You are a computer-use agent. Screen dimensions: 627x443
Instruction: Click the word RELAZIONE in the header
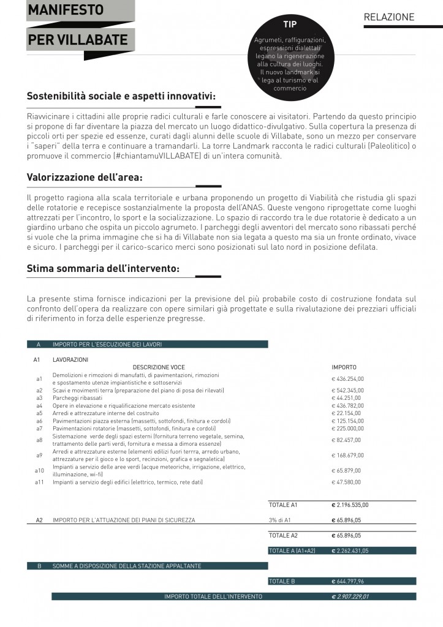click(x=389, y=17)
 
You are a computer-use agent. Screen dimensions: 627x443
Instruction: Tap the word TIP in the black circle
click(x=290, y=24)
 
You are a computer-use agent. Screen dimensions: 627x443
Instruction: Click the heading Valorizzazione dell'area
click(x=85, y=178)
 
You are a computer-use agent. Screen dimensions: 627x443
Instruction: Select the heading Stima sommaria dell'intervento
click(x=103, y=268)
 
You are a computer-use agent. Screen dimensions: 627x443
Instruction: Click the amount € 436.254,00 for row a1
click(x=347, y=378)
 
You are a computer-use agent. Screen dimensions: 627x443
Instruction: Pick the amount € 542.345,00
click(x=347, y=390)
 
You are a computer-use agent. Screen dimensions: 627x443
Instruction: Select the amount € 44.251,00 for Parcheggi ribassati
click(x=346, y=398)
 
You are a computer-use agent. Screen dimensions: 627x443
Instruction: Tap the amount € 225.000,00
click(x=347, y=429)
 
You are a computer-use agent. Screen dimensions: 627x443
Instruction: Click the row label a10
click(x=39, y=470)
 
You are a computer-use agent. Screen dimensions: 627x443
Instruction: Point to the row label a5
click(x=39, y=413)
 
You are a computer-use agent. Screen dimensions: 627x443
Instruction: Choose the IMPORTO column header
click(x=344, y=367)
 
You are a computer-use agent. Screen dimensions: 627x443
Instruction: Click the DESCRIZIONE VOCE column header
click(x=159, y=367)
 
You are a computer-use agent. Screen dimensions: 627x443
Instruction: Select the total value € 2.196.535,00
click(x=350, y=505)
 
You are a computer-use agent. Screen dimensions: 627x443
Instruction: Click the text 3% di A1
click(x=281, y=520)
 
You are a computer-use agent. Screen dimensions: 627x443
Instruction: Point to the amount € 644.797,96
click(x=349, y=581)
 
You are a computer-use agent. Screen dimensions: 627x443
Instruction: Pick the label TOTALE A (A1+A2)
click(x=292, y=550)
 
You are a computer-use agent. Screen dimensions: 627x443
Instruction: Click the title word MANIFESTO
click(x=66, y=10)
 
